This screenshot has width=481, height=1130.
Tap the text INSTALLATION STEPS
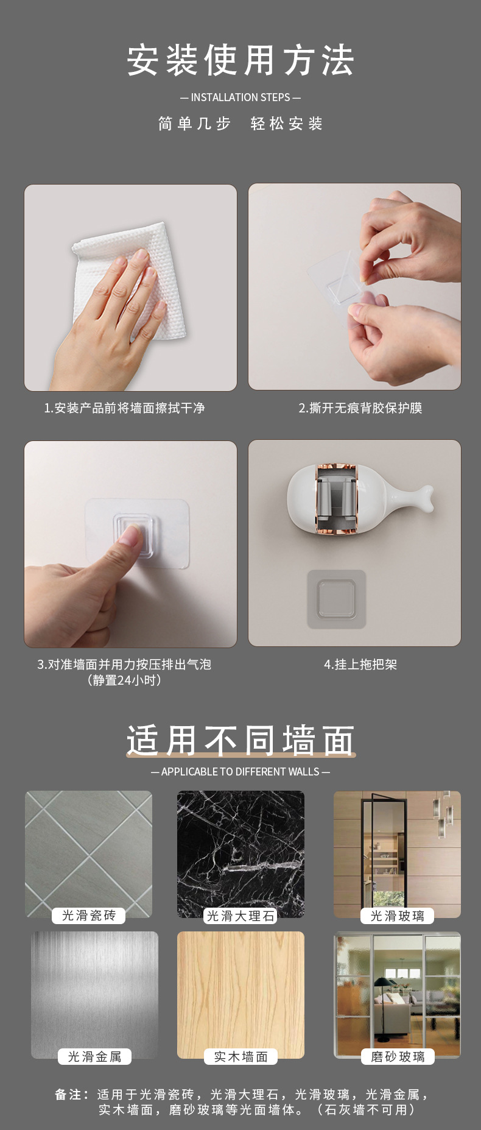pyautogui.click(x=240, y=97)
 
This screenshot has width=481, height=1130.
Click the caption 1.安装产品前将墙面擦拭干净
pyautogui.click(x=124, y=408)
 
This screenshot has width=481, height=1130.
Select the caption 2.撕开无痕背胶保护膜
pyautogui.click(x=360, y=408)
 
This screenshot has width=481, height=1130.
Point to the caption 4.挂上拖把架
pyautogui.click(x=360, y=665)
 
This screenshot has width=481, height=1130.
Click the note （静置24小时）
pyautogui.click(x=124, y=680)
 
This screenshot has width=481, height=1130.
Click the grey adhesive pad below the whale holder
pyautogui.click(x=337, y=599)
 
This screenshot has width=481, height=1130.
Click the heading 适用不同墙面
pyautogui.click(x=240, y=741)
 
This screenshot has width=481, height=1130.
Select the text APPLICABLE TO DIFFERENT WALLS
pyautogui.click(x=240, y=772)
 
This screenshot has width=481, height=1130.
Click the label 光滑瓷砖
pyautogui.click(x=89, y=916)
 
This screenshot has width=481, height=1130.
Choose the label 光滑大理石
pyautogui.click(x=240, y=916)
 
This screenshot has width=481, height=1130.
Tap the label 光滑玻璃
pyautogui.click(x=398, y=916)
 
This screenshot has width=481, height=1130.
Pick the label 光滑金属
pyautogui.click(x=95, y=1056)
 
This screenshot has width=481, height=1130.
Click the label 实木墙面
pyautogui.click(x=241, y=1056)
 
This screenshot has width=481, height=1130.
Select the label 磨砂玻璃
pyautogui.click(x=398, y=1056)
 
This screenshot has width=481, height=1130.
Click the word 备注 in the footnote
pyautogui.click(x=68, y=1095)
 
